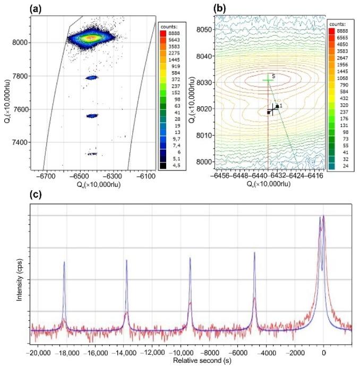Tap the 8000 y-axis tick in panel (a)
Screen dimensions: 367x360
21,42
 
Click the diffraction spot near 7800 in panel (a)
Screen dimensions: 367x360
92,78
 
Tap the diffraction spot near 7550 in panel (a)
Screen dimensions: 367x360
92,115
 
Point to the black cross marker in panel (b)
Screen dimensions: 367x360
273,109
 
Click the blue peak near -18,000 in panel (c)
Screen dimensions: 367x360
64,263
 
